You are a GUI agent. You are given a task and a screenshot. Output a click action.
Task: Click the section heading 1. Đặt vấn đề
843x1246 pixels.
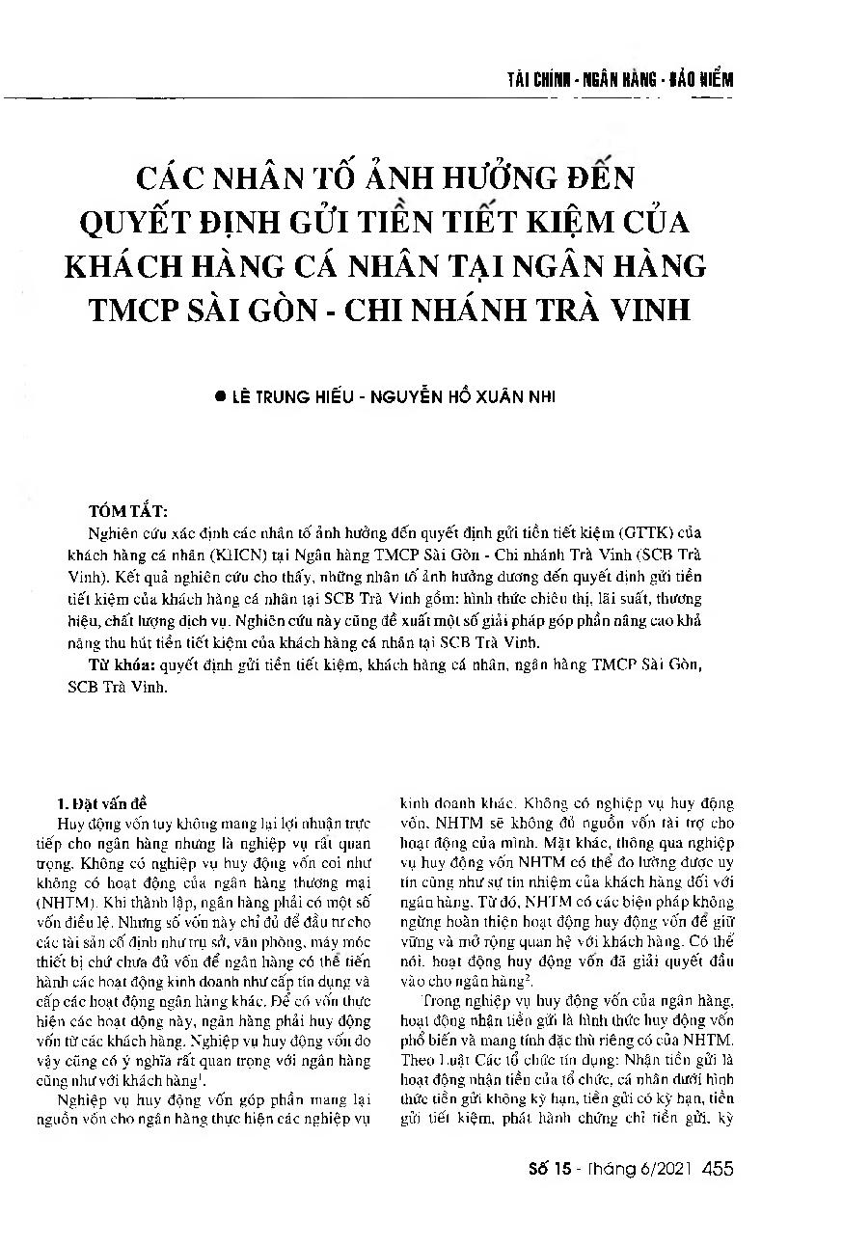pyautogui.click(x=102, y=801)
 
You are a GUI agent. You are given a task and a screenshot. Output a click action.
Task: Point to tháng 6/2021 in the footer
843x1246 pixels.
pyautogui.click(x=639, y=1170)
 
